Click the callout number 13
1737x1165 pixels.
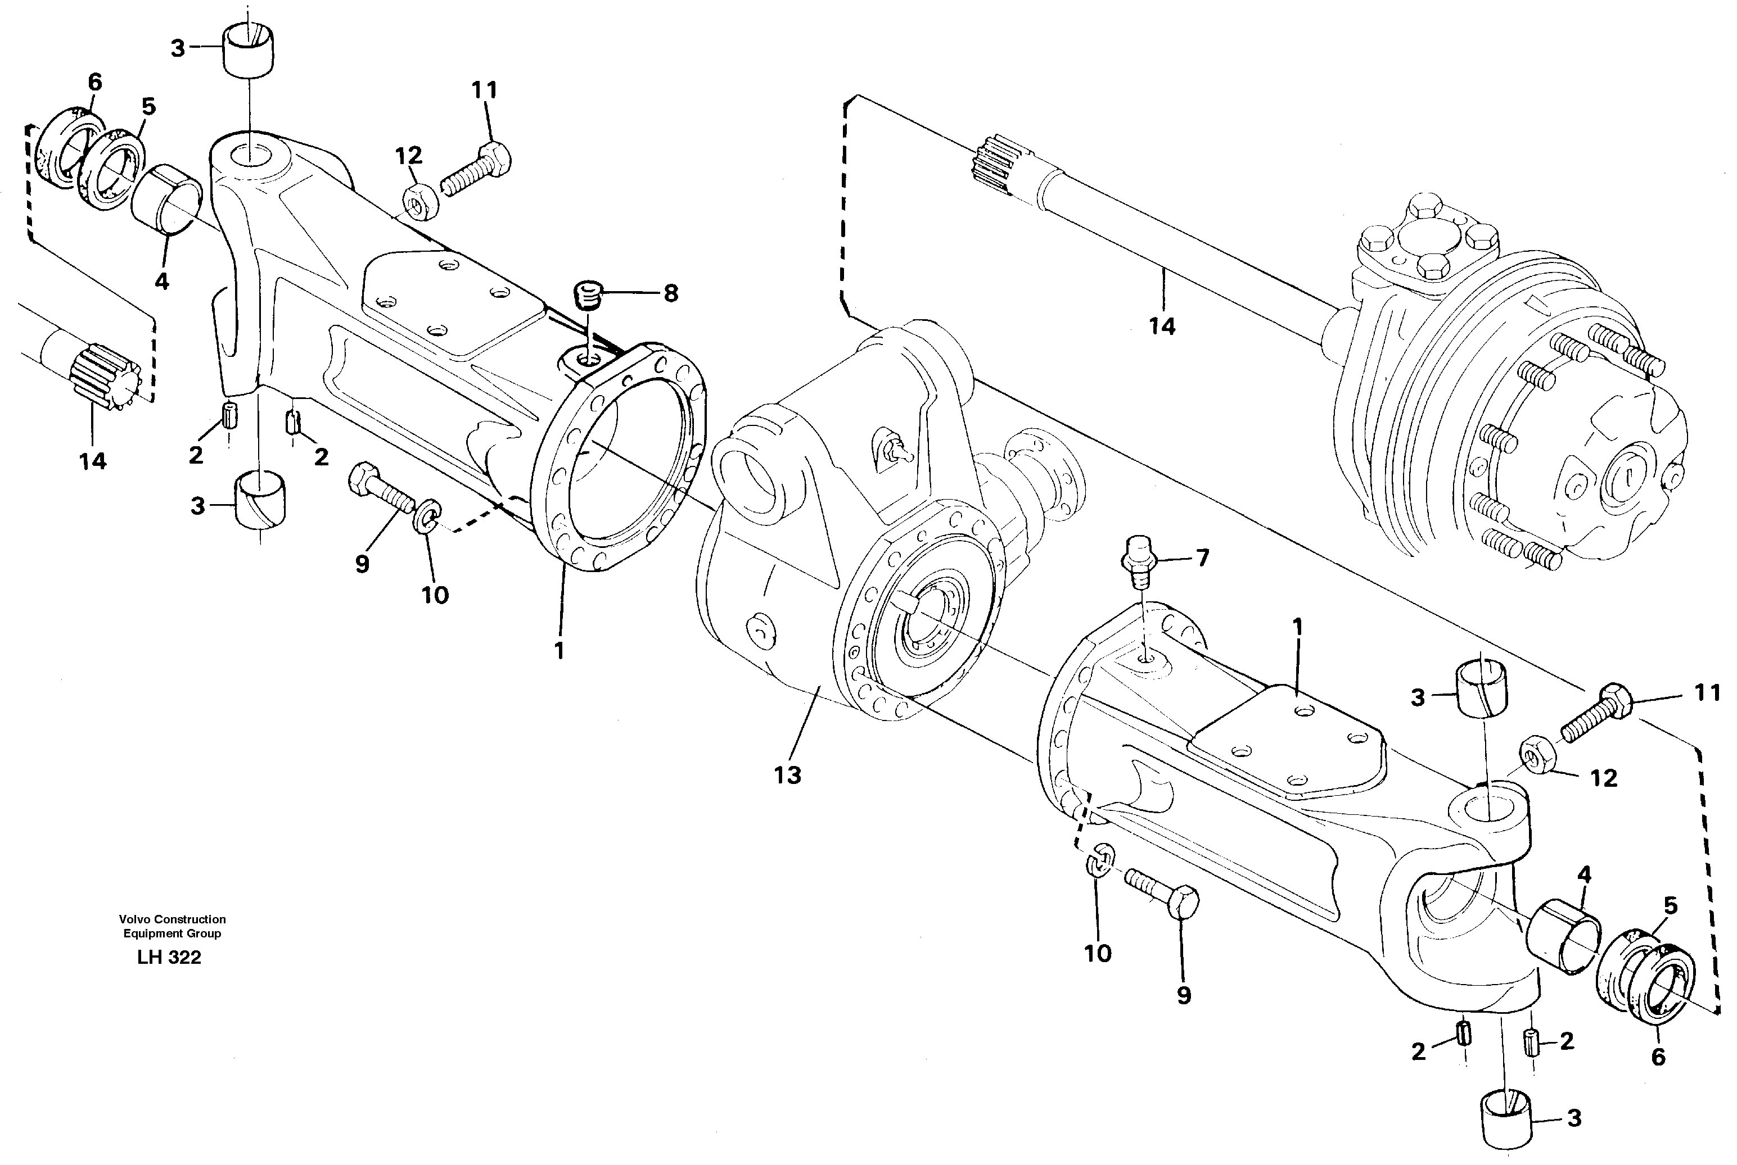787,775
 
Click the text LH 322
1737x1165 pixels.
169,958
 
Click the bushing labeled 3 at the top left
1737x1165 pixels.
248,49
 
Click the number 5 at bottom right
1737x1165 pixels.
1670,906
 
